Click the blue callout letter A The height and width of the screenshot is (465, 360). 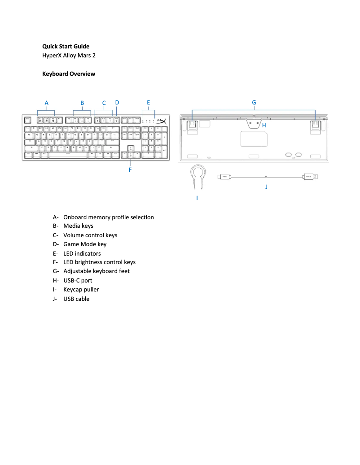click(46, 103)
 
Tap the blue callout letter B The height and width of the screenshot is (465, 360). click(82, 103)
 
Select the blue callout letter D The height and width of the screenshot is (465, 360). click(117, 103)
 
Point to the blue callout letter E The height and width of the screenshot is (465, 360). click(148, 103)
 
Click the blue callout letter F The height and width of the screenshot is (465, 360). click(130, 170)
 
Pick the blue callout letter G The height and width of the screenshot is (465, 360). click(254, 103)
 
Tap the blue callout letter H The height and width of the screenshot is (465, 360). click(264, 126)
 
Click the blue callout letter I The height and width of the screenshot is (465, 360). click(197, 197)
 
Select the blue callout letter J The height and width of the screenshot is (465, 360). click(266, 186)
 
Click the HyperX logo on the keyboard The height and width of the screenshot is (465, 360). click(162, 121)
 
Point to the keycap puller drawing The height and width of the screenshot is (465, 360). click(197, 176)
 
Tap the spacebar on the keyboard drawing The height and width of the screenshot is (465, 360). click(68, 154)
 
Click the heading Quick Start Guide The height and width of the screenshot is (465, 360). click(66, 47)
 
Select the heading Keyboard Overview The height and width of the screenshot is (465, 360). click(69, 74)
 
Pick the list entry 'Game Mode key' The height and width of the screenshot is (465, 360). click(85, 244)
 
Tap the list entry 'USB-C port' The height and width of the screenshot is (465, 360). click(78, 281)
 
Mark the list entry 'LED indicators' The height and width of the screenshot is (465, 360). click(82, 253)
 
